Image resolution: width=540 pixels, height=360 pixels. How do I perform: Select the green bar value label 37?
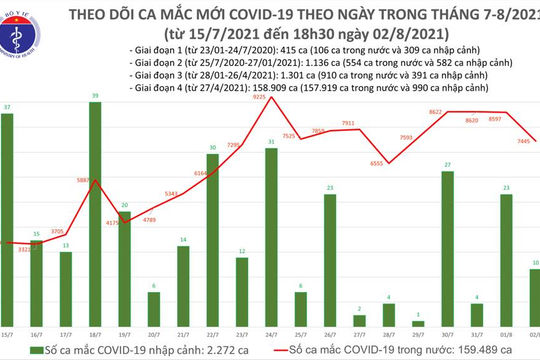tap(7, 107)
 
